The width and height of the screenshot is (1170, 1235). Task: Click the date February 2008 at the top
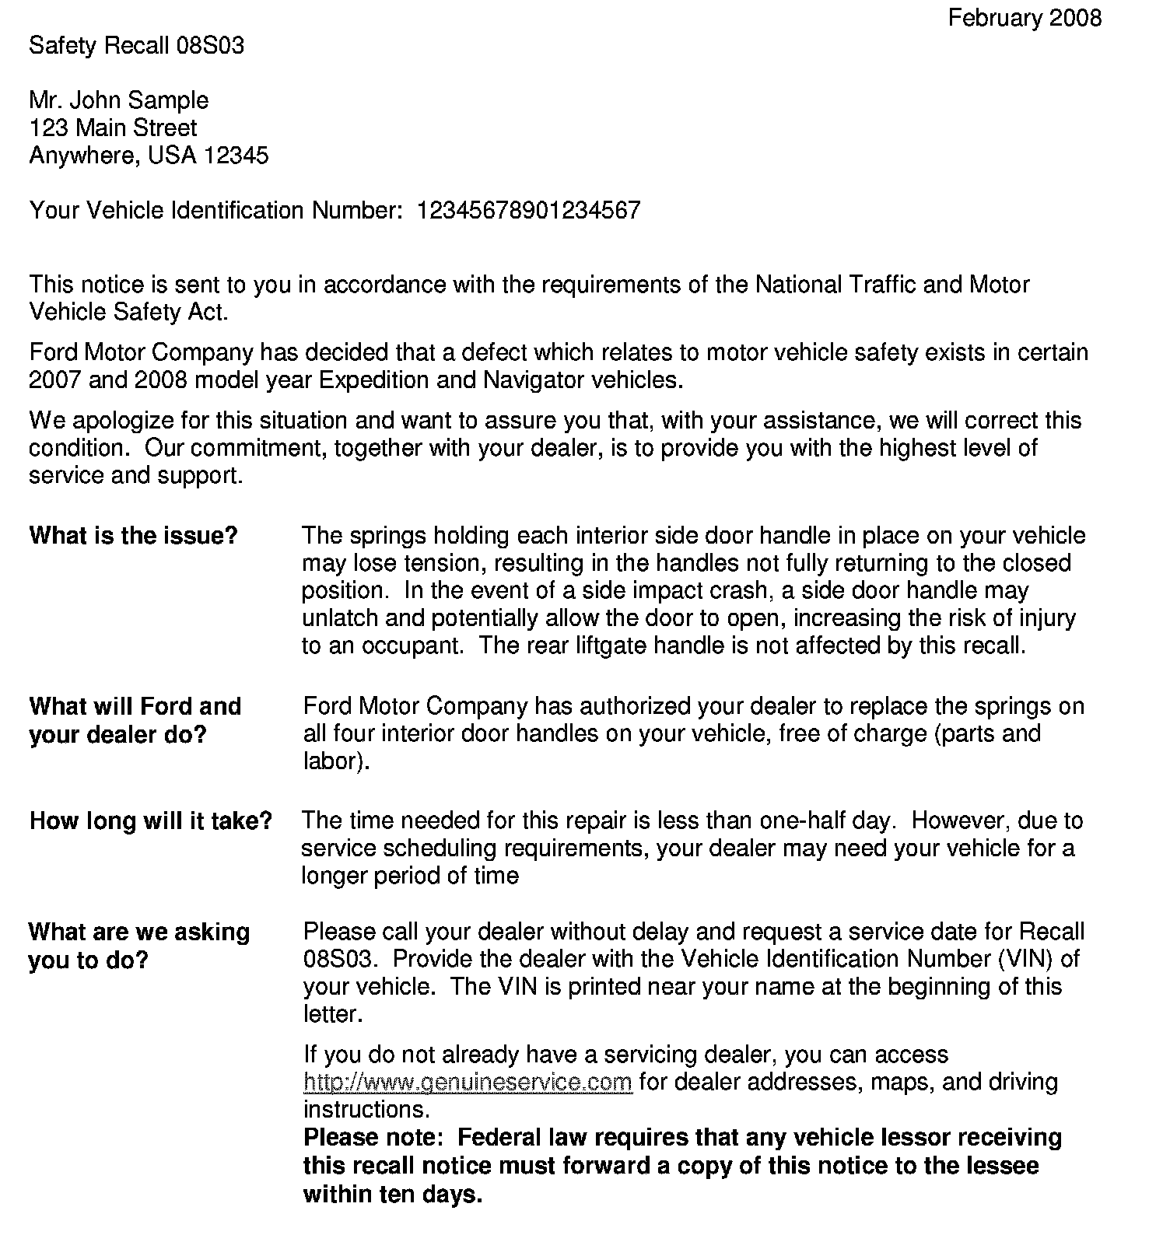click(1024, 18)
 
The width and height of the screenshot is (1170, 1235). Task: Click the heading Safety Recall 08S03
click(136, 46)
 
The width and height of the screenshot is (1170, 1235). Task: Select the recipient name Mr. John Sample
click(118, 100)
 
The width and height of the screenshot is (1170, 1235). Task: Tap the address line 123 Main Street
click(113, 128)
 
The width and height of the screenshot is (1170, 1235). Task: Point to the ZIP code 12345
click(236, 156)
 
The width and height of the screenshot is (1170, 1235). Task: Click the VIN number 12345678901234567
click(529, 211)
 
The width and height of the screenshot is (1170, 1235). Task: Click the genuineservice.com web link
click(468, 1083)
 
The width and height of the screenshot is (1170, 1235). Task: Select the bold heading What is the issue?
click(133, 536)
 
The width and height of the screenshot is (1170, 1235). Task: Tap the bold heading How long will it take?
click(150, 821)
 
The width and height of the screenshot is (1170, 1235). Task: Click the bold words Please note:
click(373, 1138)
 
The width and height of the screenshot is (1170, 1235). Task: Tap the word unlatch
click(339, 618)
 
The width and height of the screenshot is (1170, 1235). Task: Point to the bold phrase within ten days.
click(393, 1195)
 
